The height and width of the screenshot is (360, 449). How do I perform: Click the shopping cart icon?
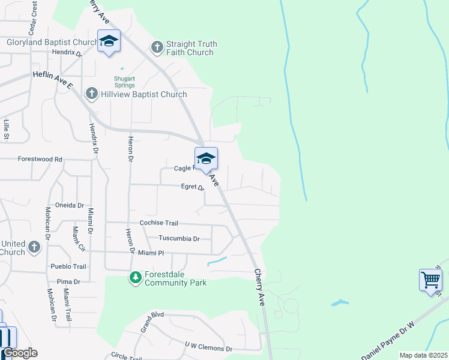pyautogui.click(x=430, y=280)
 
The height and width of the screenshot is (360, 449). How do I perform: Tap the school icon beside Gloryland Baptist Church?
pyautogui.click(x=109, y=41)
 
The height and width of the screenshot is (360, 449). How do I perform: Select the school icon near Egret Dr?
pyautogui.click(x=206, y=159)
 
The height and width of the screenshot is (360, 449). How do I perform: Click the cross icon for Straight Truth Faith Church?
pyautogui.click(x=157, y=47)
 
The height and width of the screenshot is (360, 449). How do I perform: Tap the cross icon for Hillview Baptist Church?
pyautogui.click(x=91, y=94)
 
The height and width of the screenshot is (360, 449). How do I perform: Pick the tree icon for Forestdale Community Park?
pyautogui.click(x=136, y=278)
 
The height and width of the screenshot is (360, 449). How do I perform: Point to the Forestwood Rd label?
pyautogui.click(x=40, y=160)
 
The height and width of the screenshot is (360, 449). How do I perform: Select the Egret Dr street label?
pyautogui.click(x=193, y=187)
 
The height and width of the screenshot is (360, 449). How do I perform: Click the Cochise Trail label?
pyautogui.click(x=158, y=223)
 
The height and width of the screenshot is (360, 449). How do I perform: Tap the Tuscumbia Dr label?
pyautogui.click(x=179, y=238)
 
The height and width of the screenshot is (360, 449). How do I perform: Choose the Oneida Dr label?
pyautogui.click(x=70, y=205)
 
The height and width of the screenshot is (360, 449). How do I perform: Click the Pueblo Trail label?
pyautogui.click(x=70, y=266)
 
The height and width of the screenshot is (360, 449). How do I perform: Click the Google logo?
pyautogui.click(x=20, y=353)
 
